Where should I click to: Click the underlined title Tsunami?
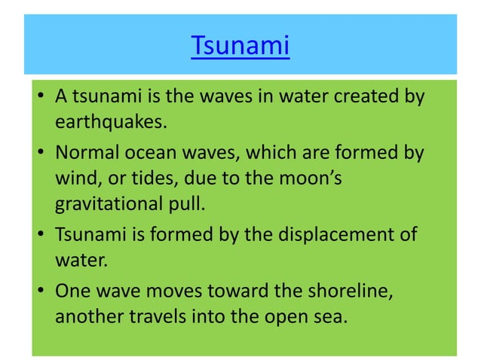pyautogui.click(x=240, y=46)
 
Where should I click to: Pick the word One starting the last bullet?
pyautogui.click(x=72, y=290)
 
